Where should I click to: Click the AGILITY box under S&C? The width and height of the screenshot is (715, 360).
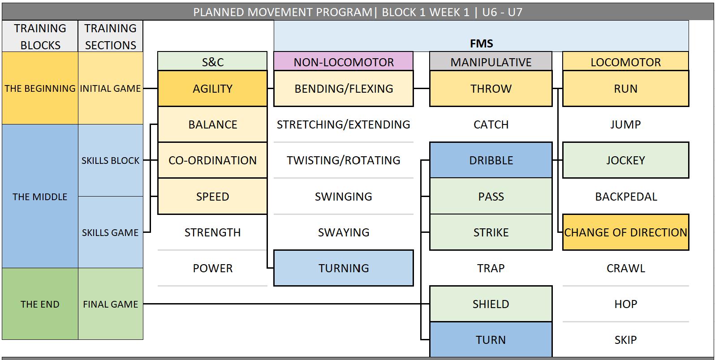pyautogui.click(x=212, y=89)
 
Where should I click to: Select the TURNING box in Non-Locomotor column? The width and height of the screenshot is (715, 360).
pyautogui.click(x=343, y=268)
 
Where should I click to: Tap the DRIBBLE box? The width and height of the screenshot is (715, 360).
pyautogui.click(x=491, y=160)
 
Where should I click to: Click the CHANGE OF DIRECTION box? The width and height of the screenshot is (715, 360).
pyautogui.click(x=625, y=232)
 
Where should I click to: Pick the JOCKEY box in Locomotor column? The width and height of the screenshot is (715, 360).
pyautogui.click(x=625, y=160)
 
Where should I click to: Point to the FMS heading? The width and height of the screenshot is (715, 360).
pyautogui.click(x=481, y=43)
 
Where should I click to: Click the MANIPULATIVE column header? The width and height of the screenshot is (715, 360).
pyautogui.click(x=491, y=62)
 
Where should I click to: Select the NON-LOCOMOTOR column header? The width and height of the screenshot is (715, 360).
pyautogui.click(x=343, y=62)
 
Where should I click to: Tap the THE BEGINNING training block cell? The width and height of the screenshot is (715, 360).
pyautogui.click(x=40, y=89)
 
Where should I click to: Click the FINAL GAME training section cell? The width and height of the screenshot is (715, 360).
pyautogui.click(x=110, y=304)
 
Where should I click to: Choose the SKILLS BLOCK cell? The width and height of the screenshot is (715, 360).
pyautogui.click(x=110, y=160)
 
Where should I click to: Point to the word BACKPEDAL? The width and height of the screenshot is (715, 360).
pyautogui.click(x=625, y=197)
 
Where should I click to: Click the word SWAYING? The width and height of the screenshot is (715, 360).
pyautogui.click(x=343, y=232)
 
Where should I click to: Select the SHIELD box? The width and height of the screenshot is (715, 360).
pyautogui.click(x=491, y=304)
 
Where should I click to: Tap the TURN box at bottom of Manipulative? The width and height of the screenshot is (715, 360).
pyautogui.click(x=491, y=340)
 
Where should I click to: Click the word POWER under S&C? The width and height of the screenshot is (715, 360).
pyautogui.click(x=212, y=268)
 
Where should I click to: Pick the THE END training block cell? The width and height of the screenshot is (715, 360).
pyautogui.click(x=40, y=304)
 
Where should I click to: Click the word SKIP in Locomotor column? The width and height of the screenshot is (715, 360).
pyautogui.click(x=625, y=340)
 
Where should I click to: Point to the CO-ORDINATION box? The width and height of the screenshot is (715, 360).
pyautogui.click(x=212, y=160)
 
